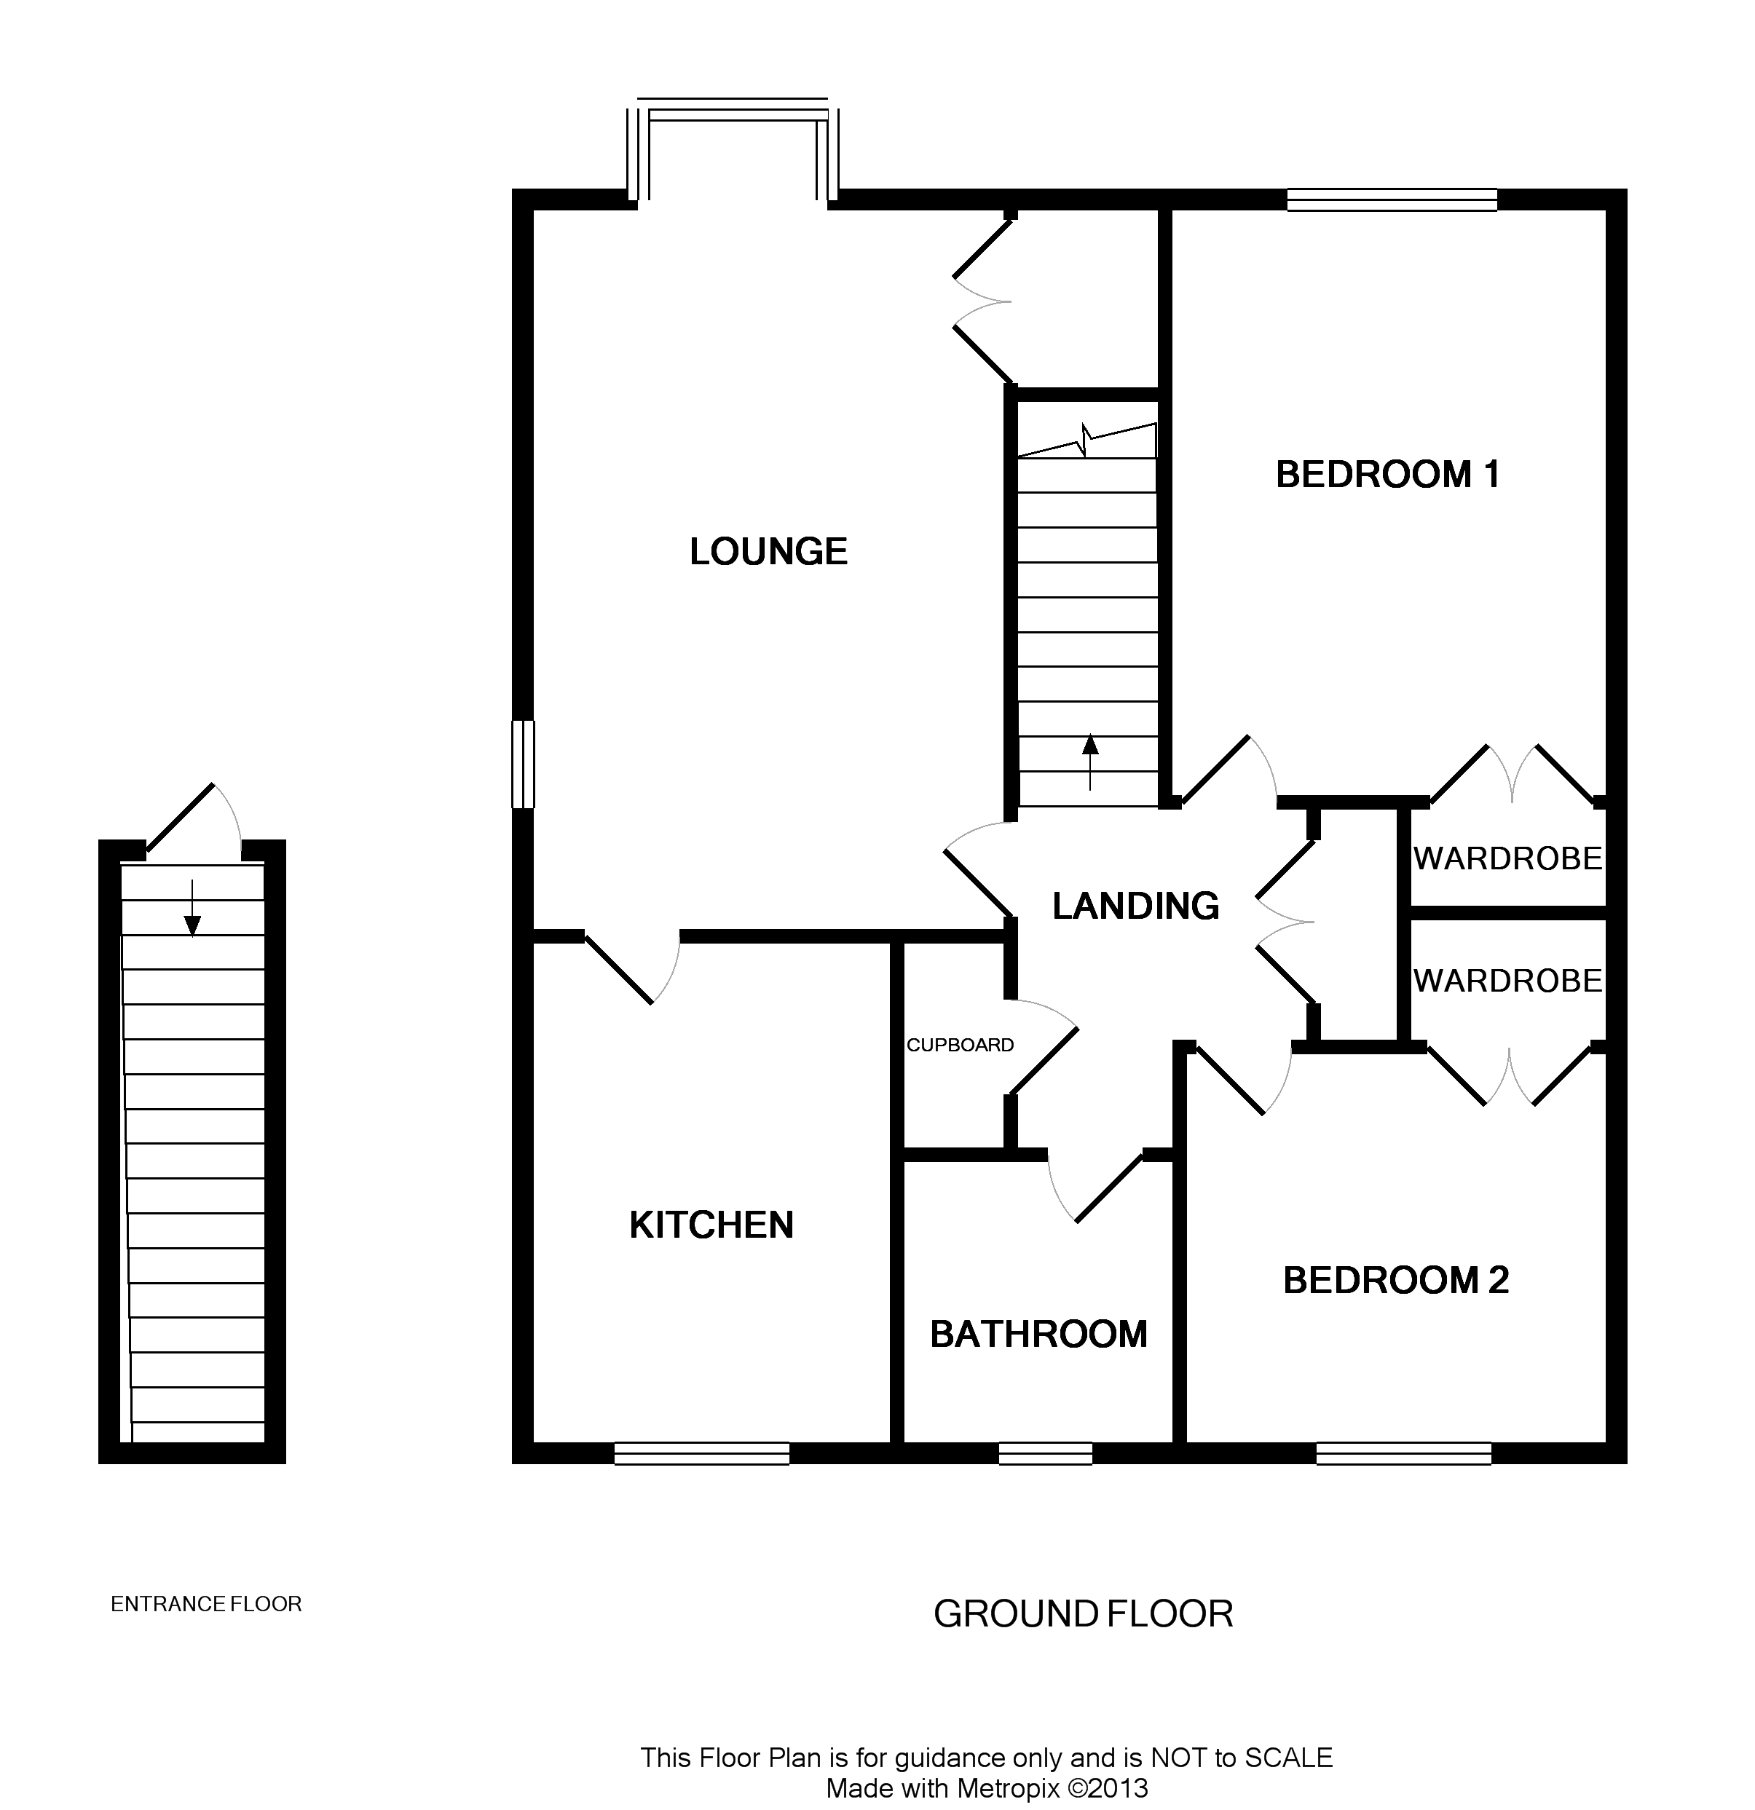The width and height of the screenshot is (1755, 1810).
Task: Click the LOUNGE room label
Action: coord(768,551)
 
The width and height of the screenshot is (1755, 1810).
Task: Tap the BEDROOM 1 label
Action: coord(1387,475)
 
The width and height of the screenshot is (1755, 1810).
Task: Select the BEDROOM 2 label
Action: coord(1396,1280)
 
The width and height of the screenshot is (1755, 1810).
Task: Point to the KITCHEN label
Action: coord(711,1225)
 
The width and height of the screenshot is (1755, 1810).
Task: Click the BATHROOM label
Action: coord(1038,1334)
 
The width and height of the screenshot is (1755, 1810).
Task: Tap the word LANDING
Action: coord(1135,906)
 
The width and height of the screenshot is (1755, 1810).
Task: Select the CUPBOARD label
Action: coord(960,1045)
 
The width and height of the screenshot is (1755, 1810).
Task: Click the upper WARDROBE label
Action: coord(1507,859)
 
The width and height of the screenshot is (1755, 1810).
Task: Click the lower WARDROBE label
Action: coord(1507,980)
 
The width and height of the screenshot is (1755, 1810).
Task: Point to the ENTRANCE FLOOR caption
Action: coord(206,1604)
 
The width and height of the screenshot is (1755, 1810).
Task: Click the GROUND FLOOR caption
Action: coord(1083,1613)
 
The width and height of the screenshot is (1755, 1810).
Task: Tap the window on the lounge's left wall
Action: coord(523,764)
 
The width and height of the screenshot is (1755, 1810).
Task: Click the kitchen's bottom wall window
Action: coord(702,1453)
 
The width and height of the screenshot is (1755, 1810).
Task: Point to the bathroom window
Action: coord(1046,1453)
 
